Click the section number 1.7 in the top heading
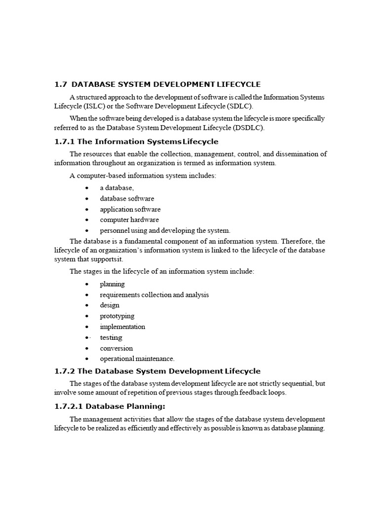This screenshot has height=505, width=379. coord(60,84)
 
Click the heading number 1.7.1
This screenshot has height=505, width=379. coord(64,142)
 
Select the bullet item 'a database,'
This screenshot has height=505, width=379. coord(117,188)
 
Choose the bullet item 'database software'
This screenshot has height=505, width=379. coord(127,199)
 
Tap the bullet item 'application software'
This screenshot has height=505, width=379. coord(130,209)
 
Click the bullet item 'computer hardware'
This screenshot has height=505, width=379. coord(129,220)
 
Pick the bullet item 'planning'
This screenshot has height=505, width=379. coord(112,284)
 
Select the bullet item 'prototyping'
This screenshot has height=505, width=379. coord(117,316)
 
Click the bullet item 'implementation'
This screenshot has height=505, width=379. coord(122,326)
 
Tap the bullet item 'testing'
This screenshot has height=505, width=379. coord(111,337)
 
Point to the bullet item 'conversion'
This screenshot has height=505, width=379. coord(116,348)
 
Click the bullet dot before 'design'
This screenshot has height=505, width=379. coord(87,306)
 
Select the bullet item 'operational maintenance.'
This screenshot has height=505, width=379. coord(137,359)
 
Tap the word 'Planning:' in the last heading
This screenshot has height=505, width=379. coord(146,406)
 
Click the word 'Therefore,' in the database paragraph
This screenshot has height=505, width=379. coord(299,241)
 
